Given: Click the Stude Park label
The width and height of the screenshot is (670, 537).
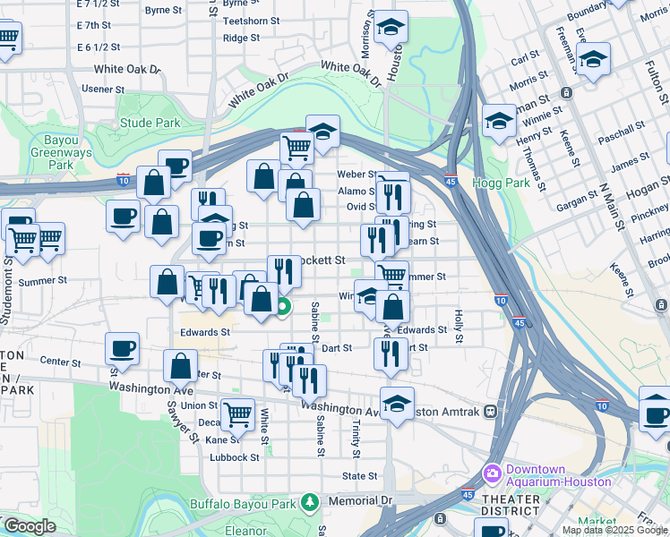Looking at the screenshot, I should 150,124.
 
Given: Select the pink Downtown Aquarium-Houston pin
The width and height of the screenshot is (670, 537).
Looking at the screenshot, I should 491,471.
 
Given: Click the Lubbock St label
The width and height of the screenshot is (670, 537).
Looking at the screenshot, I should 234,456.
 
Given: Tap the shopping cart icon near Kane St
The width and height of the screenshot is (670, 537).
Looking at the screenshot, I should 237,413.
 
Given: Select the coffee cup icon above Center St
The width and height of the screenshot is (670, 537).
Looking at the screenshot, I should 122,348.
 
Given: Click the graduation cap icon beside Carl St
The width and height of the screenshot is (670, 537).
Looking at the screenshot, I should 592,60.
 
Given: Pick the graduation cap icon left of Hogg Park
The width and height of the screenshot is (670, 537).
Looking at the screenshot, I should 499,121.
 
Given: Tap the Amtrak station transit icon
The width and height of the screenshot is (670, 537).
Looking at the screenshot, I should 490,412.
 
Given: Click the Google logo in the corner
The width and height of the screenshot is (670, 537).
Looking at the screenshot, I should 30,527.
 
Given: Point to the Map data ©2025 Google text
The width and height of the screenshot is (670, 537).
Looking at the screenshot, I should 615,530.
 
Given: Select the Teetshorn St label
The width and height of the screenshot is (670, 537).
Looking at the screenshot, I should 251,20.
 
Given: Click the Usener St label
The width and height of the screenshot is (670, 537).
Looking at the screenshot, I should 103,89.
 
